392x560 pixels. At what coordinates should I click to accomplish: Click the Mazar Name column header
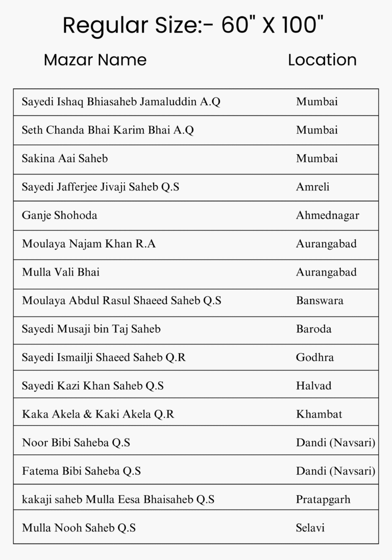point(95,60)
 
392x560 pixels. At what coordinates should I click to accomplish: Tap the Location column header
point(322,60)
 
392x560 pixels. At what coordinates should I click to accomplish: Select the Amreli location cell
point(312,187)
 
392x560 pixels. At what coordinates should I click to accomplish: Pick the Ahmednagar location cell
point(327,215)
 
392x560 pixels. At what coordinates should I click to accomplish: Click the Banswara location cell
point(320,301)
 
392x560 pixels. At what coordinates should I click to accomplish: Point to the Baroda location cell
point(313,329)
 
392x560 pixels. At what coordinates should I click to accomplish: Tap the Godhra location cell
point(314,357)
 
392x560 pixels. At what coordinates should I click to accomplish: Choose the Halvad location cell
point(313,386)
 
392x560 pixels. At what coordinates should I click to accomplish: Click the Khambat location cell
point(319,414)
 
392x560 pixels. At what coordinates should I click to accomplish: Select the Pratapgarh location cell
point(323,499)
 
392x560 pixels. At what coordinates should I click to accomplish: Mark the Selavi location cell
point(310,528)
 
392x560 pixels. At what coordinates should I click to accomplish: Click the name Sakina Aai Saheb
point(65,159)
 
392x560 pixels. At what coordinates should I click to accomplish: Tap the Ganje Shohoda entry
point(59,215)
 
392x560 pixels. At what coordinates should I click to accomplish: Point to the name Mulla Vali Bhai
point(61,272)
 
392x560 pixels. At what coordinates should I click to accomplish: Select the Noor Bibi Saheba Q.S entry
point(76,443)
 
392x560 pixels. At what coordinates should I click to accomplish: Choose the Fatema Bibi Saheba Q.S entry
point(81,471)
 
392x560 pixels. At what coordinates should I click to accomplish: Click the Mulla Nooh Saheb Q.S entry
point(79,528)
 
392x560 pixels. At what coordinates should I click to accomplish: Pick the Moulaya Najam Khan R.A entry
point(89,244)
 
